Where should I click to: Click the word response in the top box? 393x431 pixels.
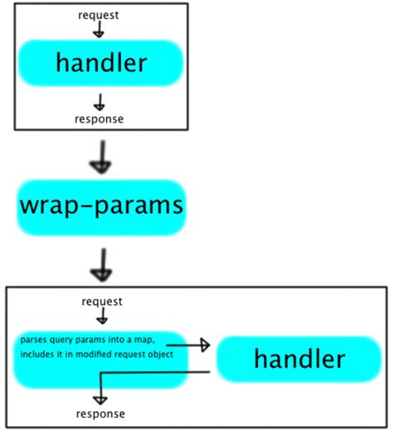pyautogui.click(x=99, y=119)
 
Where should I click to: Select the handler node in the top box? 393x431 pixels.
pyautogui.click(x=100, y=63)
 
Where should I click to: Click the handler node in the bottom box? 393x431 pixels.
pyautogui.click(x=298, y=360)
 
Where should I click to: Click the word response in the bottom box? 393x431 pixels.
pyautogui.click(x=101, y=413)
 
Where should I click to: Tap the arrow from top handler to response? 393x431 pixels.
pyautogui.click(x=99, y=102)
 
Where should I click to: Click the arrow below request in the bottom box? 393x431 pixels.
pyautogui.click(x=100, y=316)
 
